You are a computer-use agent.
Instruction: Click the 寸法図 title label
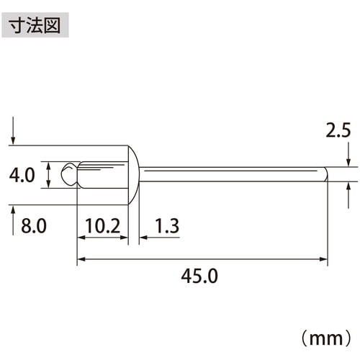coord(37,24)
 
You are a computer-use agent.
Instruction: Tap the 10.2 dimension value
coord(102,226)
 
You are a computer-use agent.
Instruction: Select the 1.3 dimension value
coord(167,226)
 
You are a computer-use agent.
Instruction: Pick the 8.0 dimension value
coord(34,226)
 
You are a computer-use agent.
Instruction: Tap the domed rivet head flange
coord(133,175)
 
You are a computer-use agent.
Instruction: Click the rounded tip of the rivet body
coord(68,174)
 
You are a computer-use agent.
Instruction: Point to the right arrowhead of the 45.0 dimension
coord(324,258)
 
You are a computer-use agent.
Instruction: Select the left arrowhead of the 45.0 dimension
coord(81,258)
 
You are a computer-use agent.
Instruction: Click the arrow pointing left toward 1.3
coord(144,235)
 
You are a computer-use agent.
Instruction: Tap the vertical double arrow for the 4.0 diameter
coord(48,175)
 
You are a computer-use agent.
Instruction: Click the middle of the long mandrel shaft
coord(230,174)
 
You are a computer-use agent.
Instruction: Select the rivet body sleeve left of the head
coord(101,175)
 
